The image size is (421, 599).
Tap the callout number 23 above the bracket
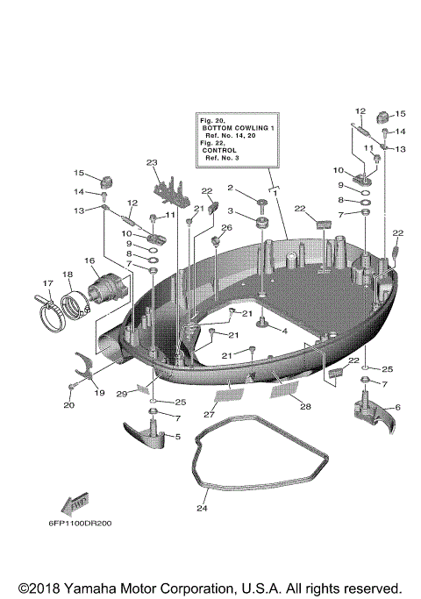151,163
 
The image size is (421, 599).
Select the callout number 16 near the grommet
89,260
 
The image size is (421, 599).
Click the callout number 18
67,275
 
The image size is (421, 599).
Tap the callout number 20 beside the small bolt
70,405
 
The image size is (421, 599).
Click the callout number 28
305,406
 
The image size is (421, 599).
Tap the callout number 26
225,228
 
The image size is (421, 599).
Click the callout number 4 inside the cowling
283,331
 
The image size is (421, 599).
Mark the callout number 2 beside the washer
231,188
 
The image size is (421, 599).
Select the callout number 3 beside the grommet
231,212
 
